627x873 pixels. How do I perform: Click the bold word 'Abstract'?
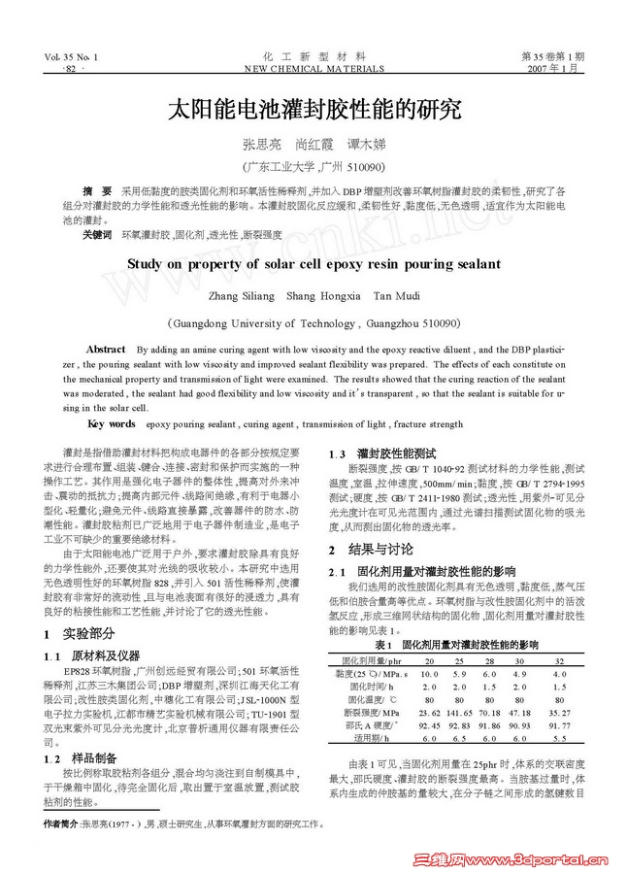pyautogui.click(x=106, y=349)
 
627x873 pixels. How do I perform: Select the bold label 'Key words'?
pyautogui.click(x=112, y=424)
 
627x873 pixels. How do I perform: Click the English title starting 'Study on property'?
pyautogui.click(x=313, y=264)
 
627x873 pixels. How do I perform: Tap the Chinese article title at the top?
pyautogui.click(x=313, y=108)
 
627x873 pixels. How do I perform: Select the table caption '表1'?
pyautogui.click(x=381, y=645)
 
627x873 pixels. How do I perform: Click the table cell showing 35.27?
pyautogui.click(x=558, y=713)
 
